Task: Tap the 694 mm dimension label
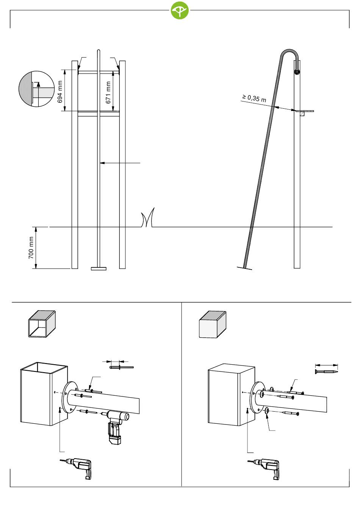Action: point(60,92)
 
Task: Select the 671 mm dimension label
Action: point(108,93)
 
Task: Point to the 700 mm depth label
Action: point(31,248)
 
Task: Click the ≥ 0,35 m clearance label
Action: point(254,98)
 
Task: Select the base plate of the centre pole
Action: point(99,269)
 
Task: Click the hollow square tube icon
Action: point(42,324)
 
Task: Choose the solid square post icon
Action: point(213,324)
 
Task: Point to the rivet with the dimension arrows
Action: point(121,367)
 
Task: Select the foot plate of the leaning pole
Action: point(244,268)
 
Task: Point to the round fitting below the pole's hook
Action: point(297,72)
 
